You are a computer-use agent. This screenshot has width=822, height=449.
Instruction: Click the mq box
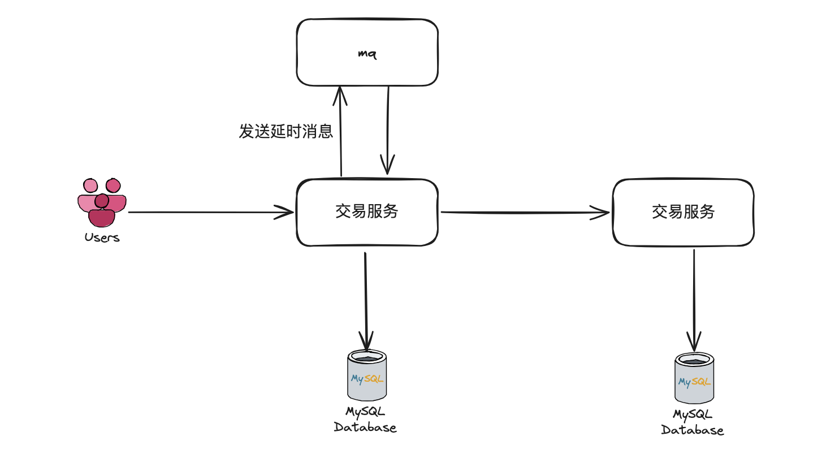tap(367, 34)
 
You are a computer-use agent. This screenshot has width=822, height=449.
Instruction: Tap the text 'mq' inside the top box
tap(367, 54)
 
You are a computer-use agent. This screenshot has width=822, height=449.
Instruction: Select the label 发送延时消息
tap(285, 131)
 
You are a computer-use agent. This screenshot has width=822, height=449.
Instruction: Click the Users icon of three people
tap(102, 202)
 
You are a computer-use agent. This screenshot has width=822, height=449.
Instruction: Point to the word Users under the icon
tap(102, 238)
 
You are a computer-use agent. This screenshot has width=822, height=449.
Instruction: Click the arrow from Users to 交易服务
tap(209, 213)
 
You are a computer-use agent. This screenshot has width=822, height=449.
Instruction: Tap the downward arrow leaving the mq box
tap(388, 130)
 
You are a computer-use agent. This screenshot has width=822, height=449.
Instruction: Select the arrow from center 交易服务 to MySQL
tap(366, 300)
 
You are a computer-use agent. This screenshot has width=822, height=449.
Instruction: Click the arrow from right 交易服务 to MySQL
tap(694, 300)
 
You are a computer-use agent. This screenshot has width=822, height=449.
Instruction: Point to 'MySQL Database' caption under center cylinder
tap(365, 420)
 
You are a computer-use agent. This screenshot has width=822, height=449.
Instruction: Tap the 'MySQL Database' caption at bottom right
tap(693, 422)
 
